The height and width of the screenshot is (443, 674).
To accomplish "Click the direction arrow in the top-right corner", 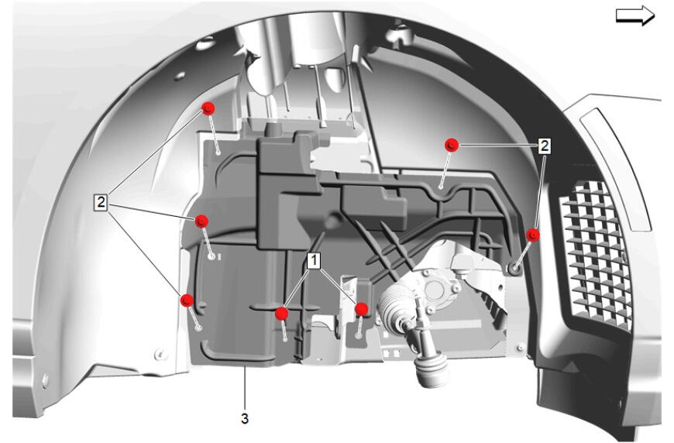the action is tap(635, 15).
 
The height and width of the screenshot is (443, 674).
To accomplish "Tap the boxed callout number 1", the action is tap(315, 260).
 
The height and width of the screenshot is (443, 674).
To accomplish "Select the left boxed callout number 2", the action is tap(101, 201).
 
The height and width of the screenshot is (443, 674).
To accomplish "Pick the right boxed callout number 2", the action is tap(544, 146).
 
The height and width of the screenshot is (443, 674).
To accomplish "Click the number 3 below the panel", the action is tap(245, 418).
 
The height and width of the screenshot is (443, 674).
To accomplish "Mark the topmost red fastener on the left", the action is tap(208, 108).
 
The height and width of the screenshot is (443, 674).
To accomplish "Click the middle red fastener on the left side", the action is tap(201, 221).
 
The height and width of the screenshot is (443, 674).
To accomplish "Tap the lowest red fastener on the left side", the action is tap(187, 300).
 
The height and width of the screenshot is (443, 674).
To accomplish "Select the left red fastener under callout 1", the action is tap(281, 313).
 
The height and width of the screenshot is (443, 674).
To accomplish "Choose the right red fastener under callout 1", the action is tap(362, 309).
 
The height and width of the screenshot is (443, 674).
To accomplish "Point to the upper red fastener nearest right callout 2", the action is tap(452, 146).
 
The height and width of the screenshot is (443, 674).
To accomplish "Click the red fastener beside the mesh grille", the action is tap(533, 235).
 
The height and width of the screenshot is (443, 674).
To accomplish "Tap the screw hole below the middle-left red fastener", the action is tap(211, 256).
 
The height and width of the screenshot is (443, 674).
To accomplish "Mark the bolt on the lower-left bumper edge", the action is tap(46, 379).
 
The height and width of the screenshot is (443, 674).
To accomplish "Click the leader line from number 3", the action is tap(245, 387).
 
